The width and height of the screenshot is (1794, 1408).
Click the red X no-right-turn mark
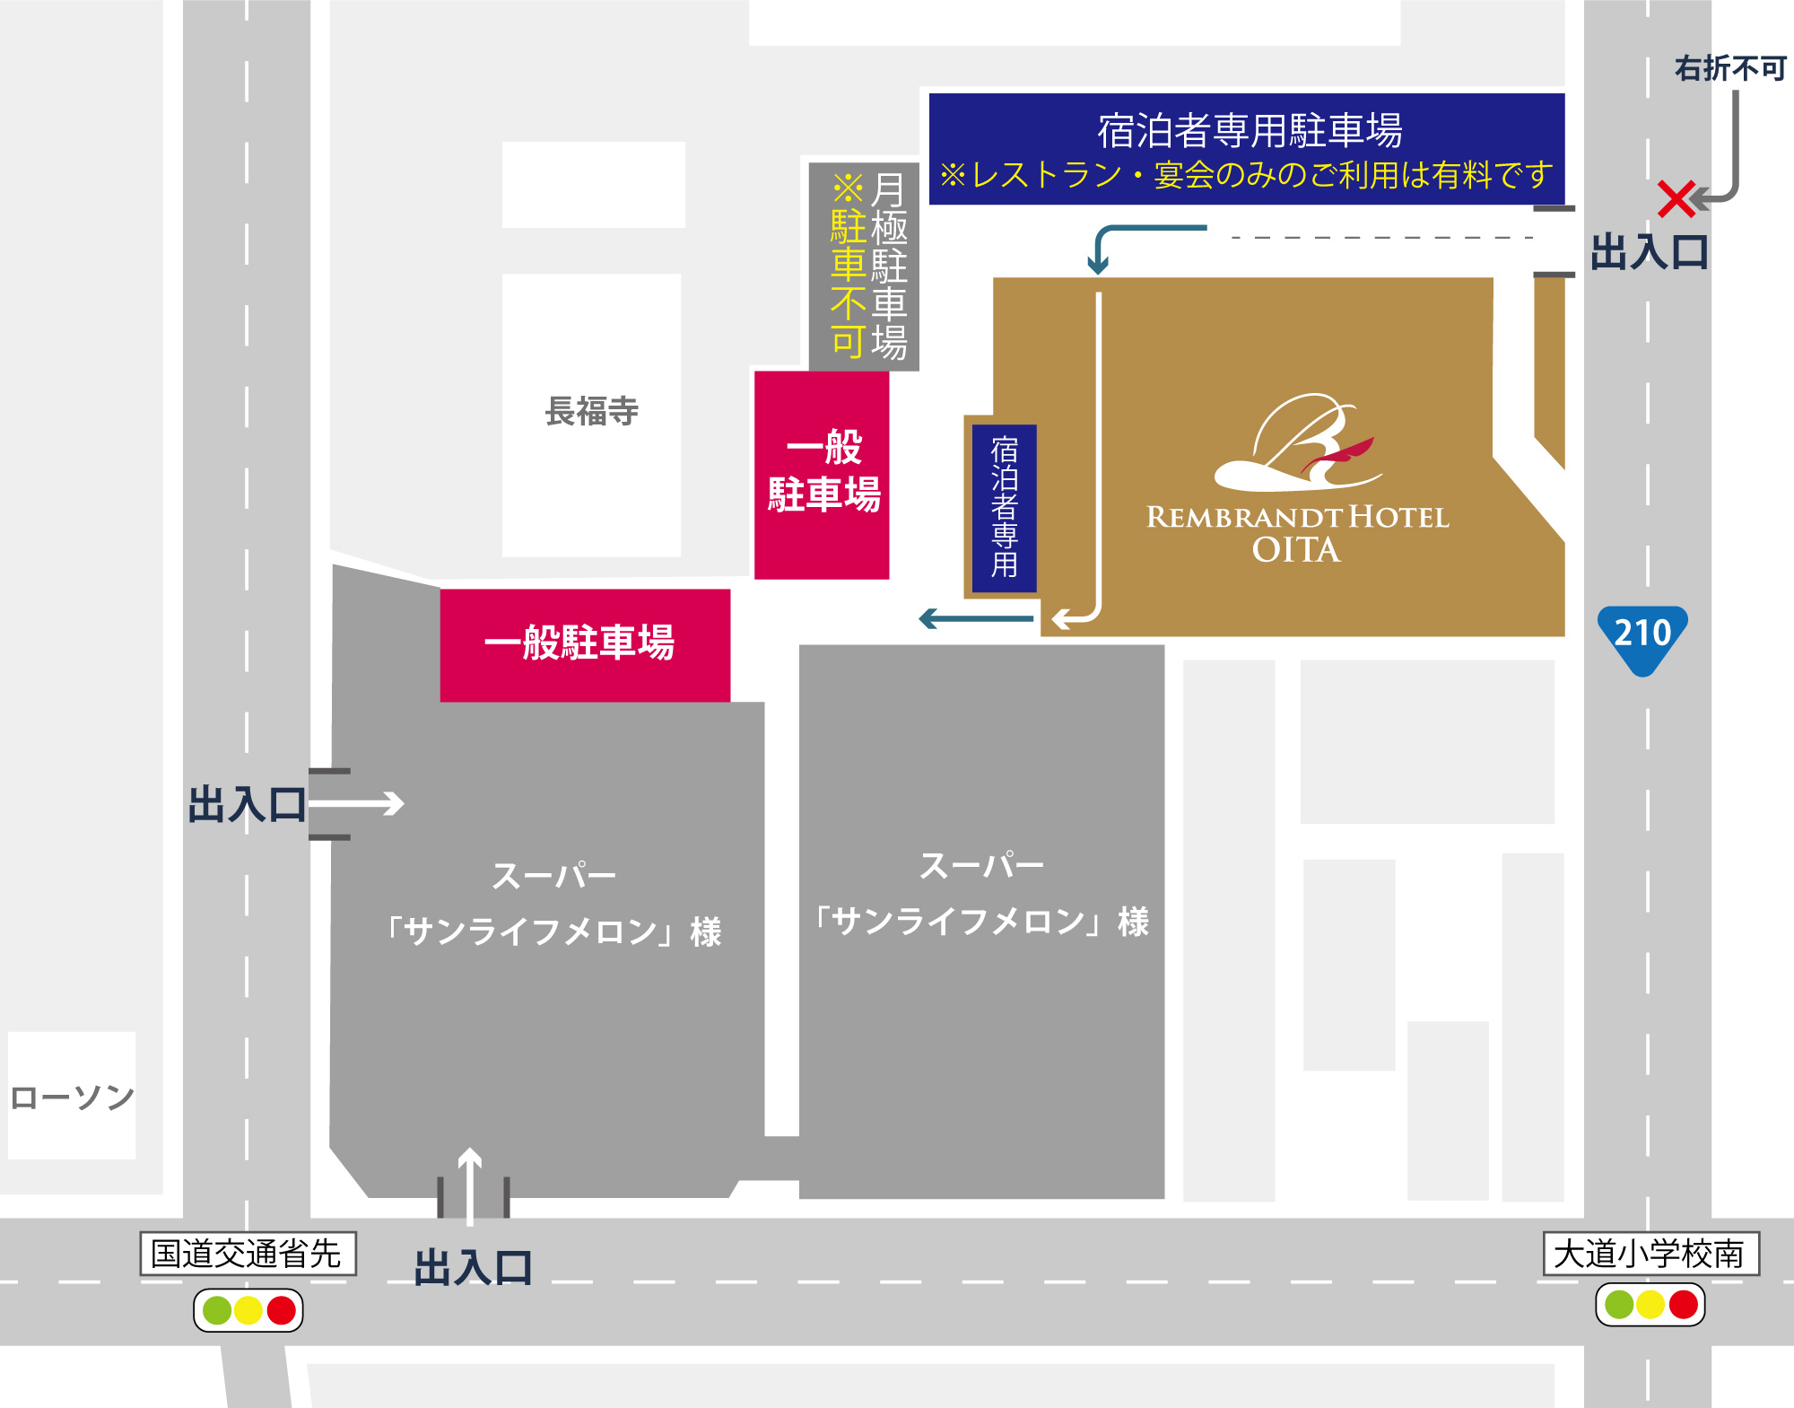(1675, 199)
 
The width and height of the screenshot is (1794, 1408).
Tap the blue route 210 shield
(1642, 636)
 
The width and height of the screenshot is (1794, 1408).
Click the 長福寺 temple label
(591, 411)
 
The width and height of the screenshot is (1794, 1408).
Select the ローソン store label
(72, 1097)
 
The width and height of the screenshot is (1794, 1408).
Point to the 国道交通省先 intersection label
(248, 1254)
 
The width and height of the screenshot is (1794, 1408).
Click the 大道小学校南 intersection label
(1650, 1254)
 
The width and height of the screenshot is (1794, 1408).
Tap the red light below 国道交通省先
(281, 1310)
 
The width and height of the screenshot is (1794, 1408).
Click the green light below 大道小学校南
(1618, 1304)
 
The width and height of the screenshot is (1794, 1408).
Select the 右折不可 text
(1729, 68)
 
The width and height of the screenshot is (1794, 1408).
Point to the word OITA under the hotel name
(1296, 550)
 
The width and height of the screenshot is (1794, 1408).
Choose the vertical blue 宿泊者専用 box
(1005, 507)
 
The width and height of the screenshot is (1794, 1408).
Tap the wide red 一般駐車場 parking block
(584, 644)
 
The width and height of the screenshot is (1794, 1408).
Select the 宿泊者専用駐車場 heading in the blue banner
(1250, 131)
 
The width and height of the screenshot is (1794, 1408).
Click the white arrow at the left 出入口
(359, 803)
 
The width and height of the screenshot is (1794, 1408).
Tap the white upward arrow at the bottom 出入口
(470, 1185)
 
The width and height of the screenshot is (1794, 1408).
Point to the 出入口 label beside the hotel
(1649, 252)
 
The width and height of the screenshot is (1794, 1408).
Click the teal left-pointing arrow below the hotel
(976, 618)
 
